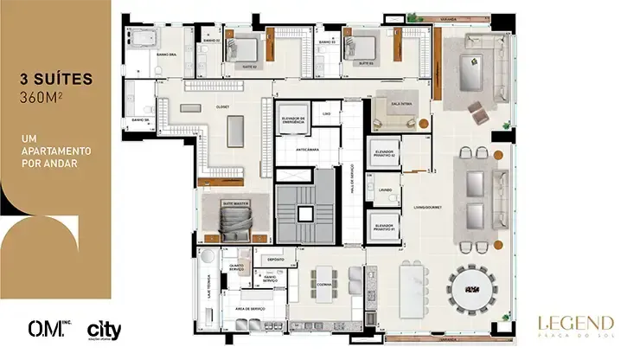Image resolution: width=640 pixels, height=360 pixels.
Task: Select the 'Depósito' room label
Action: click(276, 258)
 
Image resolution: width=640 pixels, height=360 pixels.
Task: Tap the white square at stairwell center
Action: click(304, 212)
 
